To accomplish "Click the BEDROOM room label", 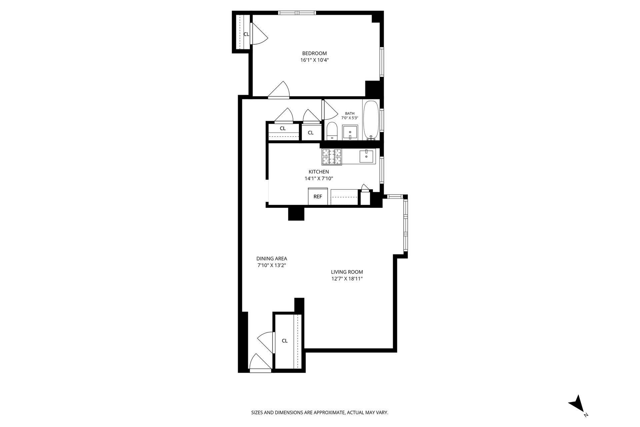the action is tap(314, 53).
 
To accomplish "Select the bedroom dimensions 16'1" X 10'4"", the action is tap(314, 60).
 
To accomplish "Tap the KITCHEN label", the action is tap(319, 172).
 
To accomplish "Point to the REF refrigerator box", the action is tap(318, 196).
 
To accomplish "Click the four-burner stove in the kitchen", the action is tap(332, 157).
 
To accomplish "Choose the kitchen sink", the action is tap(367, 156).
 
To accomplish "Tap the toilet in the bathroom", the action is tap(332, 131).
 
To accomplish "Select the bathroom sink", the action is tap(350, 133).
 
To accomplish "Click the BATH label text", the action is tap(350, 113).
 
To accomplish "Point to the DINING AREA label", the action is tap(272, 259).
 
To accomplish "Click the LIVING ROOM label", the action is tap(347, 272).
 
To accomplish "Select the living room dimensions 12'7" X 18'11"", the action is tap(347, 279).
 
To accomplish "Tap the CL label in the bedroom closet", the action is tap(246, 34).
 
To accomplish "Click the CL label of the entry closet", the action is tap(285, 341).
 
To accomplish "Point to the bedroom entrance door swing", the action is tap(279, 90).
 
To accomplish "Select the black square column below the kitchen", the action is tap(296, 214).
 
